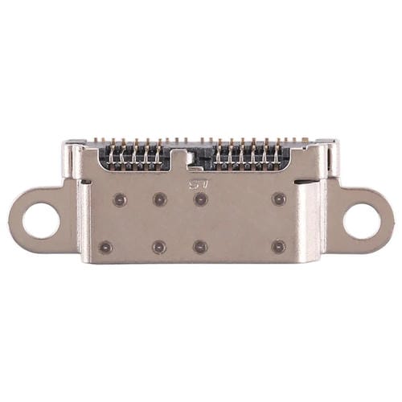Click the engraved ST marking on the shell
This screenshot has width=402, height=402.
click(197, 184)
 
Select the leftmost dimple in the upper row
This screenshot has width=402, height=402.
click(119, 198)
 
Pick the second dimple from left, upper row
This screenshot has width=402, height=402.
click(159, 199)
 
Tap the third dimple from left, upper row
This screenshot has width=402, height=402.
click(200, 199)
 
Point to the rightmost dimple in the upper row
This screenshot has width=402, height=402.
click(279, 198)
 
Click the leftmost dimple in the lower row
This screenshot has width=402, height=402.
click(105, 247)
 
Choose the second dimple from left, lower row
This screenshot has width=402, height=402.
click(159, 247)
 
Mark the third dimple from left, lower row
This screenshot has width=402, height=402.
click(200, 247)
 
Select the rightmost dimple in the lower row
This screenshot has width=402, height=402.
click(278, 247)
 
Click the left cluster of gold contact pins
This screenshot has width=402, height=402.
click(135, 154)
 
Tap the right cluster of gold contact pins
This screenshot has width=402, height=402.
click(249, 154)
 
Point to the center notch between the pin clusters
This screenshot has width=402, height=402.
click(193, 158)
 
